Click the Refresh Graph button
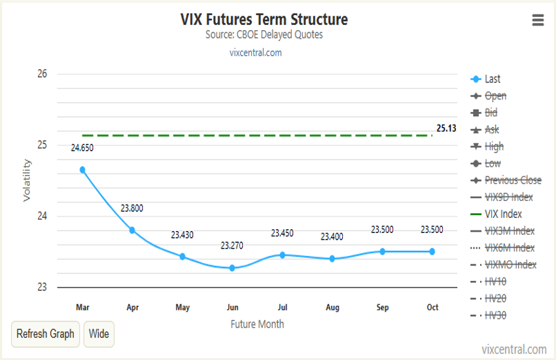tap(45, 334)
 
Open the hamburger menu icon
tap(538, 20)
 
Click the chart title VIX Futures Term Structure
tap(264, 20)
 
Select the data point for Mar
tap(82, 170)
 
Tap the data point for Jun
tap(232, 268)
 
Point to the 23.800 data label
tap(131, 208)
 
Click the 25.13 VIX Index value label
tap(446, 128)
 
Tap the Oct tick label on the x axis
tap(432, 307)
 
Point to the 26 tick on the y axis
tap(42, 73)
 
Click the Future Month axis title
tap(257, 324)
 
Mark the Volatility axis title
tap(27, 180)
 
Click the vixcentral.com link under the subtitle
tap(256, 52)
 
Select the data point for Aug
tap(332, 259)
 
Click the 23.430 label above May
tap(182, 234)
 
